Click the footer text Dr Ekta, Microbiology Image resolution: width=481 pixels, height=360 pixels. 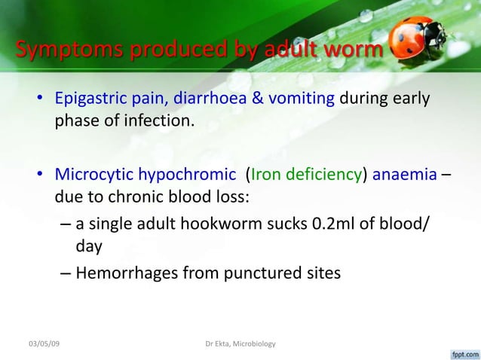pos(240,344)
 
